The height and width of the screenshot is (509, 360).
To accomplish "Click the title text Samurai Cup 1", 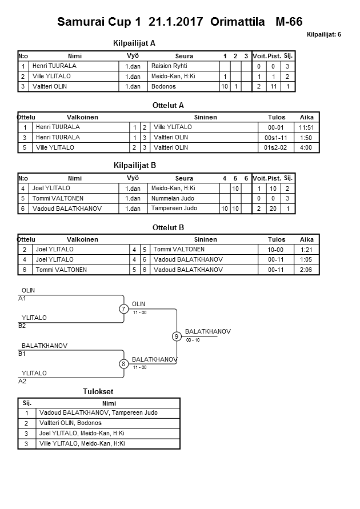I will pos(98,23).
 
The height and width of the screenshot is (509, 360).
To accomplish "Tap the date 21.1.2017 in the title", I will pos(176,23).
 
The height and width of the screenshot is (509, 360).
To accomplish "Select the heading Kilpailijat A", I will pos(135,43).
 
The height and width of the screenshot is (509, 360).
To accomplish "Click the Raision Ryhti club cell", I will pos(169,66).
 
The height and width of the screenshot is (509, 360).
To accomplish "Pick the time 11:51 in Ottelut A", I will pos(307,127).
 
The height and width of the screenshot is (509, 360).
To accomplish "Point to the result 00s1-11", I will pos(276,138).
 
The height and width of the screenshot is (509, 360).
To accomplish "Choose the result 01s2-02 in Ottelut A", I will pos(276,147).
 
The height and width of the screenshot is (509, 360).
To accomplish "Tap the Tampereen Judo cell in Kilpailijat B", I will pos(174,209).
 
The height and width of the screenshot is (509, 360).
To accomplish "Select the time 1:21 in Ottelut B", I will pos(307,250).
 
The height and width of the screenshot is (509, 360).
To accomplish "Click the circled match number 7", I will pos(123,309).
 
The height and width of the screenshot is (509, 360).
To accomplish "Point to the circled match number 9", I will pos(177,336).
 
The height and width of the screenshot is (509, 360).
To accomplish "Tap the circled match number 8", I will pos(123,364).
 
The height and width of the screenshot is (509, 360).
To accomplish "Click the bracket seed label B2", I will pos(22,326).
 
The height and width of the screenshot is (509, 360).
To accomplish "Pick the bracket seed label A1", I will pos(22,298).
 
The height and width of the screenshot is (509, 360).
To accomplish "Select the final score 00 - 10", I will pos(193,340).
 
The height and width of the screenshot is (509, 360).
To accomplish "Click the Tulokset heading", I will pos(98,391).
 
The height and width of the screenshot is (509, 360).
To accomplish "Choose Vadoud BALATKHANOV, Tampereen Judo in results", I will pos(98,412).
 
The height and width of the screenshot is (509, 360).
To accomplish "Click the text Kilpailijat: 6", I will pos(324,35).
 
